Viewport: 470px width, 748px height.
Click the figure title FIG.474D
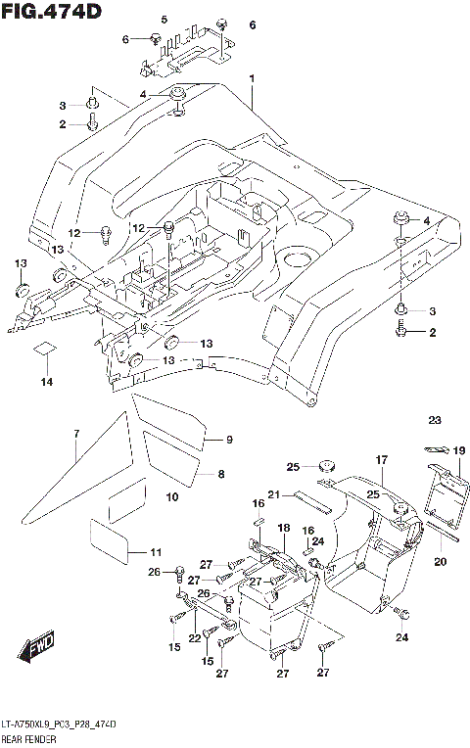click(51, 11)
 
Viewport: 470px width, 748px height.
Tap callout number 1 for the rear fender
click(251, 78)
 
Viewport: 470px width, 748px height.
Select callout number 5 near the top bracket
click(164, 21)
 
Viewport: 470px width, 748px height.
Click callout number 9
click(229, 440)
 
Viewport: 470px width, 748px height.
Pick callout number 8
click(221, 474)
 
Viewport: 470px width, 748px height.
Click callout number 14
click(47, 382)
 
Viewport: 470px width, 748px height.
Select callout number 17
click(382, 458)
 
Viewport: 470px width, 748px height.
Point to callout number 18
click(283, 528)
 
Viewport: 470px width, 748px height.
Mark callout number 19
click(458, 451)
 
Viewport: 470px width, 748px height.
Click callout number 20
click(439, 561)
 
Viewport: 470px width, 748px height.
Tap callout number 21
click(276, 493)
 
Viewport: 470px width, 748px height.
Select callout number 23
click(435, 421)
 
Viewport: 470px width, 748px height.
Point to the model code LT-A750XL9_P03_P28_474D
click(60, 724)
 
